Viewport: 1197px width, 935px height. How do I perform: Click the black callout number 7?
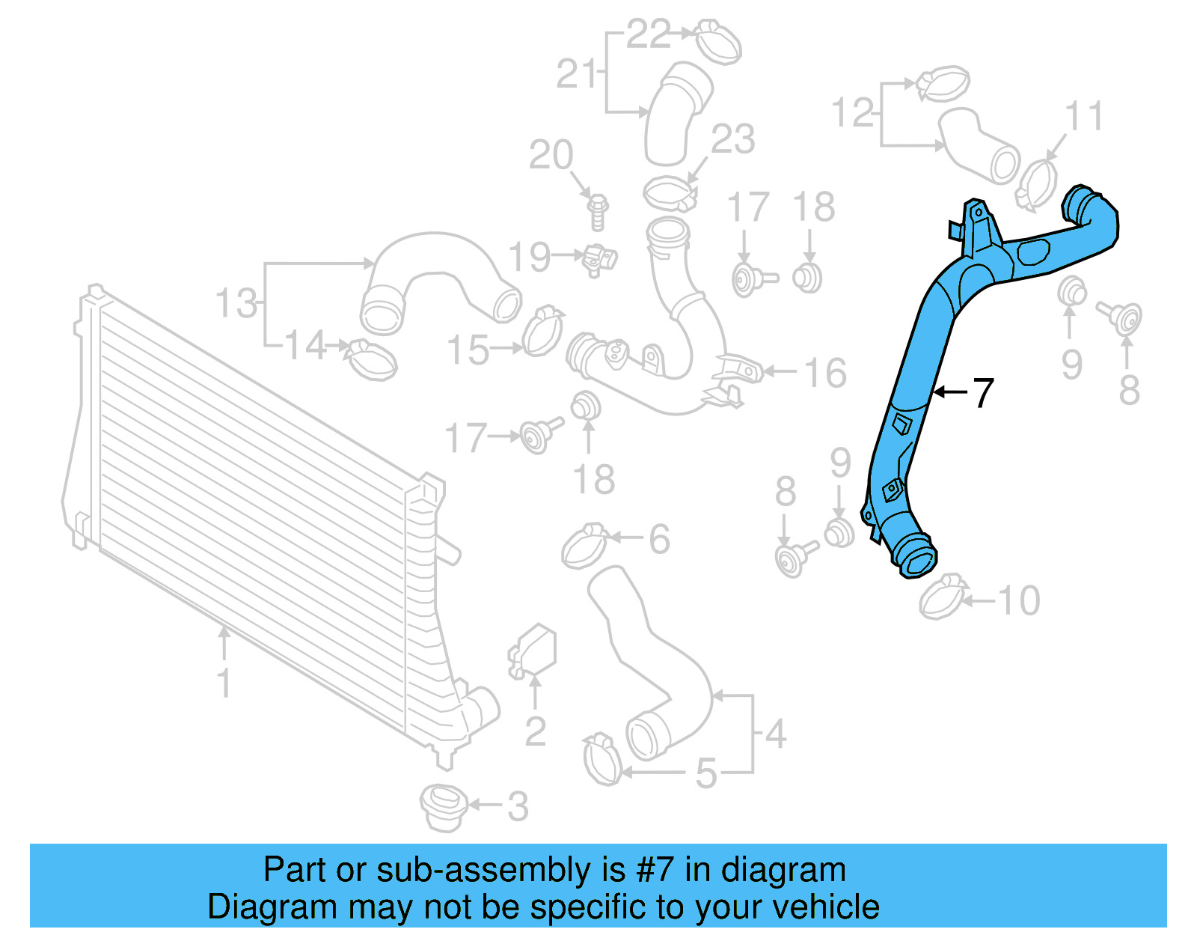[x=982, y=393]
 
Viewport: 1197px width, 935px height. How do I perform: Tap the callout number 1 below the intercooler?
[x=224, y=683]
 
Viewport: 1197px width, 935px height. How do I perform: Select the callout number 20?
[x=551, y=155]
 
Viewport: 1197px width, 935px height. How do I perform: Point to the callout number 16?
[x=824, y=372]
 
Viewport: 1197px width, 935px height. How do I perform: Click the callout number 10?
[x=1018, y=600]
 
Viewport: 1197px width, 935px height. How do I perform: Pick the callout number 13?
[x=236, y=303]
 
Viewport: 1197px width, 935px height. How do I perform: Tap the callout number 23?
[x=732, y=139]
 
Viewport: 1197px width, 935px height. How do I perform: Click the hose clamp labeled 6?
[x=584, y=547]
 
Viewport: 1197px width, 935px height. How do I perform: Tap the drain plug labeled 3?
[x=444, y=808]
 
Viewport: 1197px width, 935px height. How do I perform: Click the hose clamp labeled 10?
[x=942, y=597]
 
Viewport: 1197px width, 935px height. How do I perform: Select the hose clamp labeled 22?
[x=718, y=41]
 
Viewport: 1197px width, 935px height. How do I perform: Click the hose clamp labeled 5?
[x=602, y=759]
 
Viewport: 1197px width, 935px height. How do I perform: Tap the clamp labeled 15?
[x=542, y=332]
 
